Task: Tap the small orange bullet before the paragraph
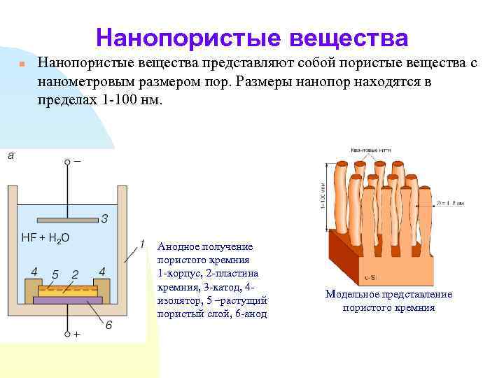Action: pos(22,64)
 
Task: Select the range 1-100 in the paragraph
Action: pos(118,99)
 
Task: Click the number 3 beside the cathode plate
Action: pos(104,218)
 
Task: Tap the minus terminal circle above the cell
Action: pos(68,162)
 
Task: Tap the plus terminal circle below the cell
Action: pos(68,334)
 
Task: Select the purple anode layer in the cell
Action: pos(68,300)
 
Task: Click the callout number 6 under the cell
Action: pos(108,325)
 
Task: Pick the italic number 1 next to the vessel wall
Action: pos(142,244)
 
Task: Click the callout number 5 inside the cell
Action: pos(55,274)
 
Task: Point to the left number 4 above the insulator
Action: pos(34,271)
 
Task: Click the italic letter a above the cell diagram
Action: pos(10,155)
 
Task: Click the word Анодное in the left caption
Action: pos(180,246)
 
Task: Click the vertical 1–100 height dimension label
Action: pos(323,198)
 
